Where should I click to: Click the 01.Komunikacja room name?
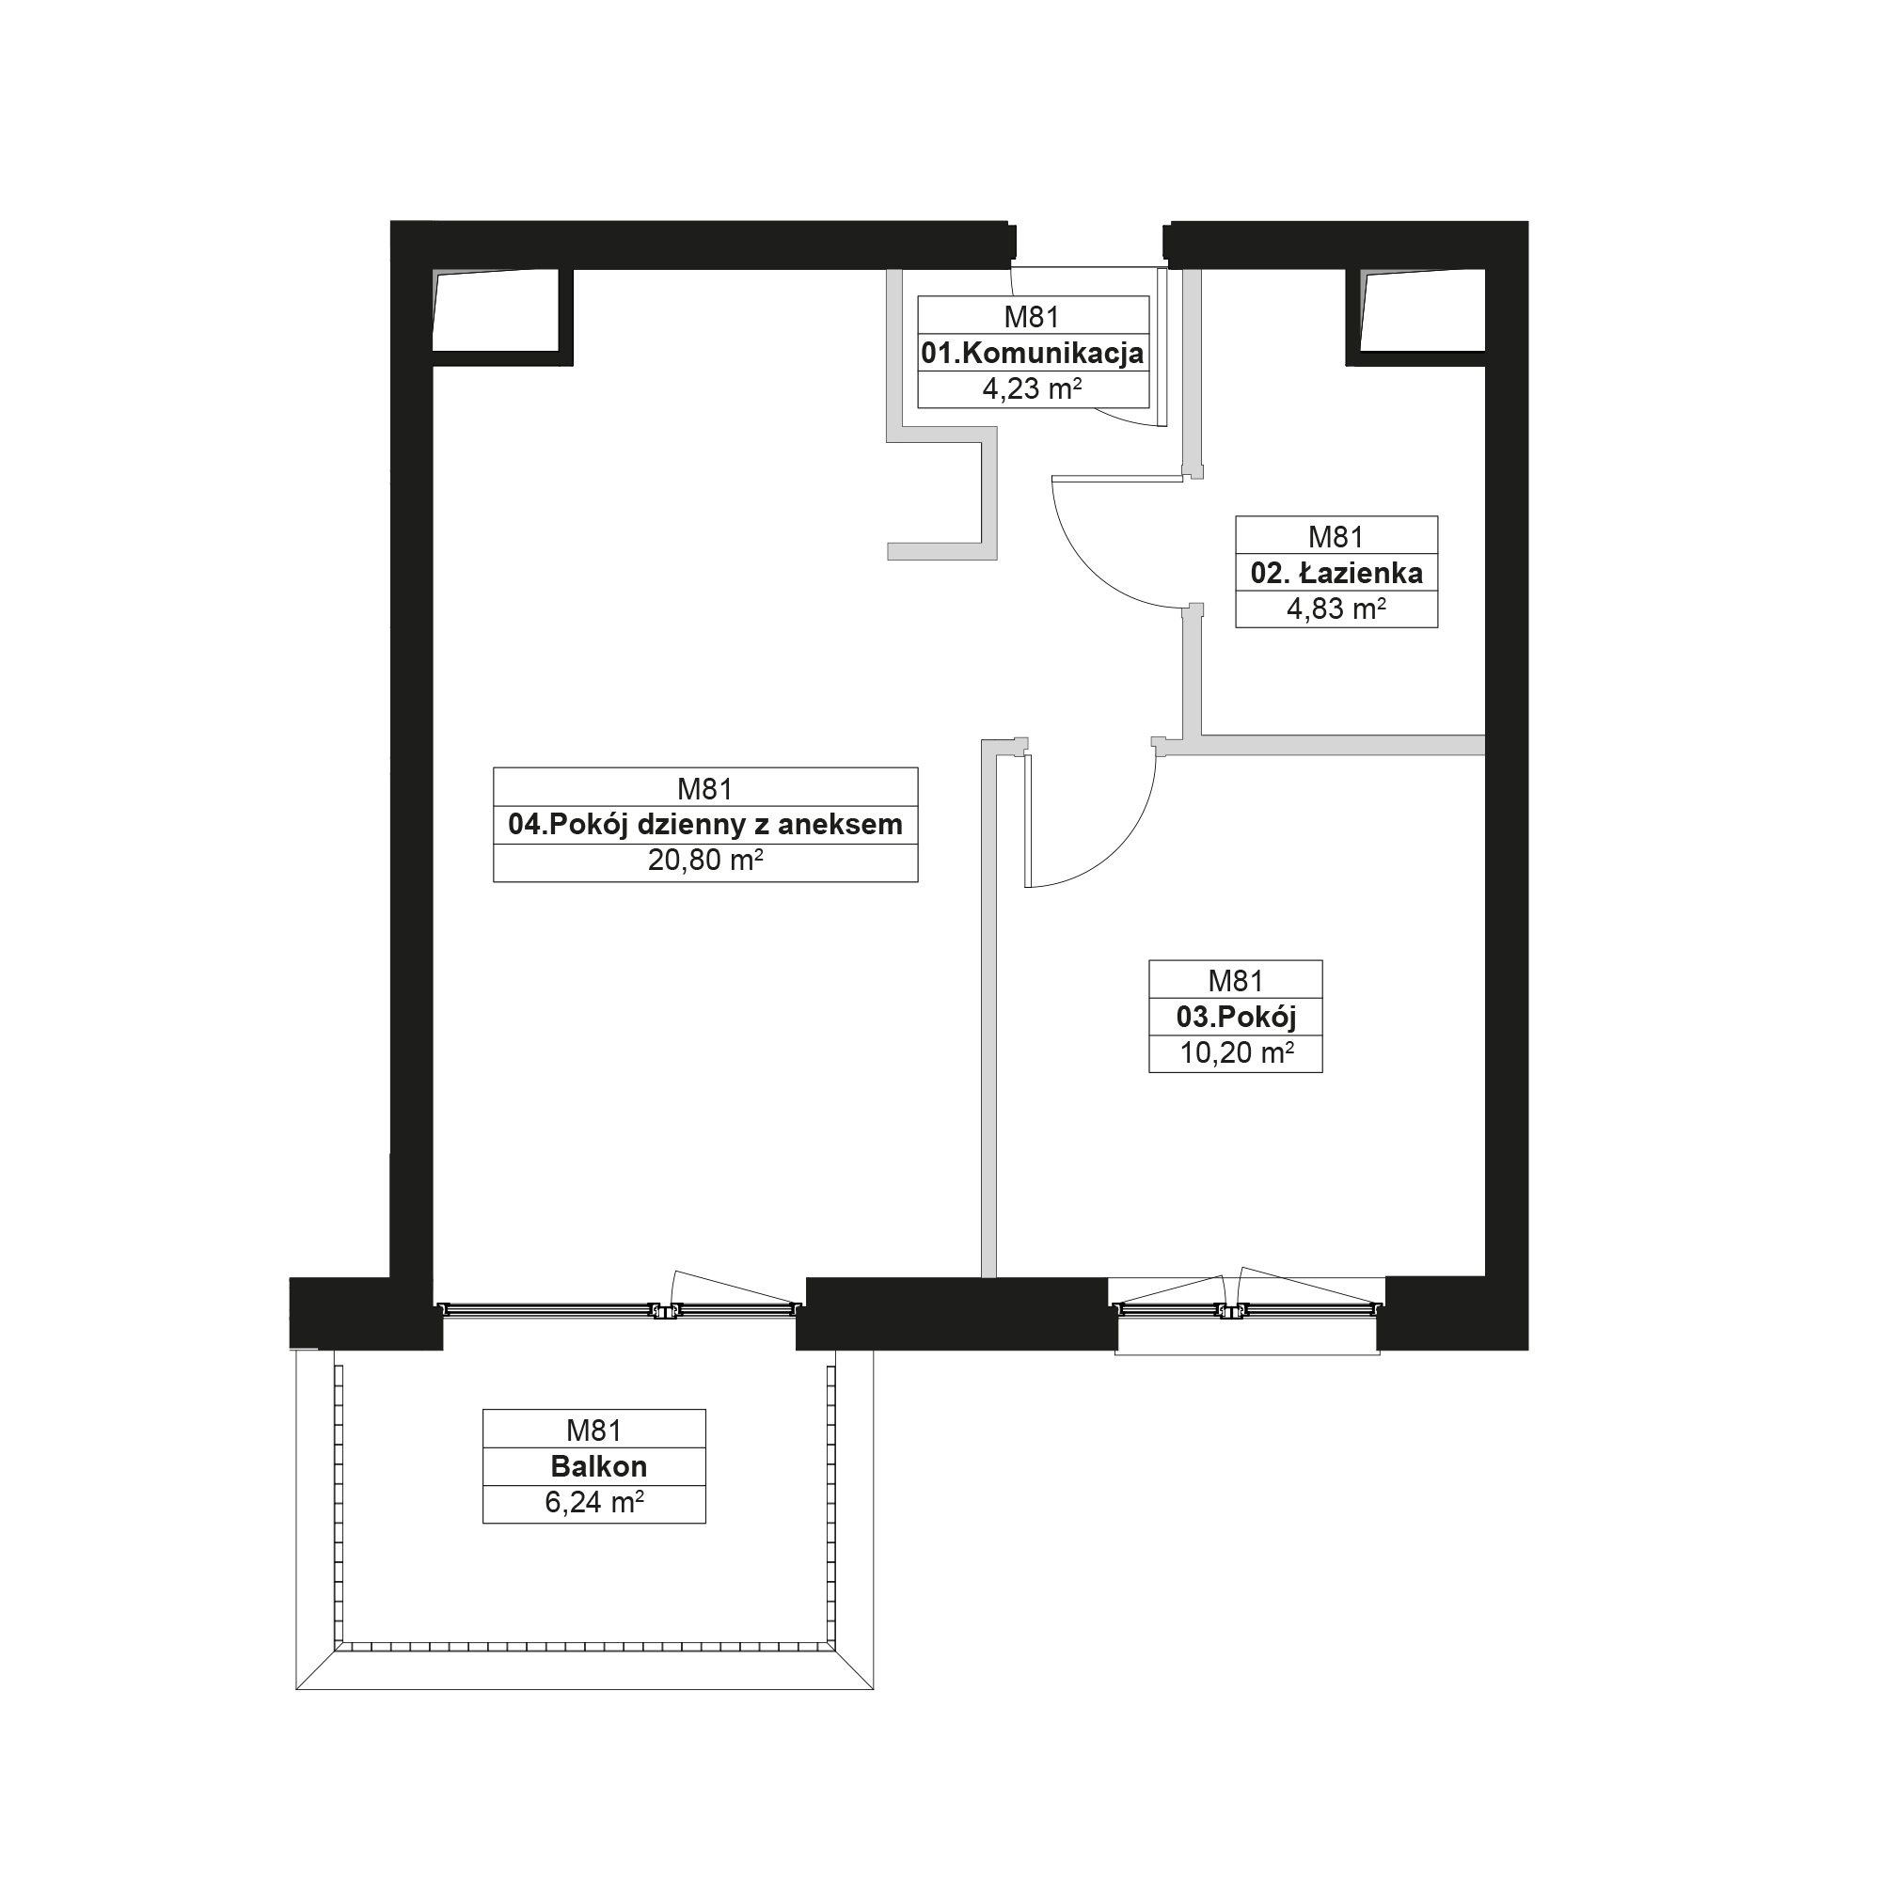click(1032, 354)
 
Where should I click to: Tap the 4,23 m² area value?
click(1032, 389)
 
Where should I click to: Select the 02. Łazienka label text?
click(1336, 573)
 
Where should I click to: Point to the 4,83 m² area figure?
click(1336, 609)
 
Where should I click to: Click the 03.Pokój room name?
click(1236, 1018)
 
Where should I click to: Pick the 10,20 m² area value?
click(1237, 1053)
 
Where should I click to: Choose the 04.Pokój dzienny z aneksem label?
click(704, 825)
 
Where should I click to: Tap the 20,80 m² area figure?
click(704, 861)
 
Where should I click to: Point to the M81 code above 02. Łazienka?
click(1336, 536)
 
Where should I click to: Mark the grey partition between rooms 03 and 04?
click(989, 1007)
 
